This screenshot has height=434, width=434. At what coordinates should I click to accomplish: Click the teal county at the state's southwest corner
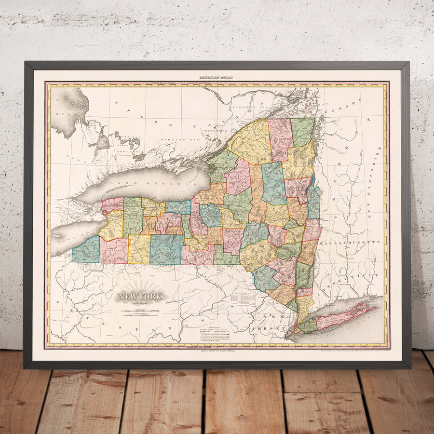coord(86,250)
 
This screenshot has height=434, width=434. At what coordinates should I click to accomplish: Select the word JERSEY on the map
coord(268,328)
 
